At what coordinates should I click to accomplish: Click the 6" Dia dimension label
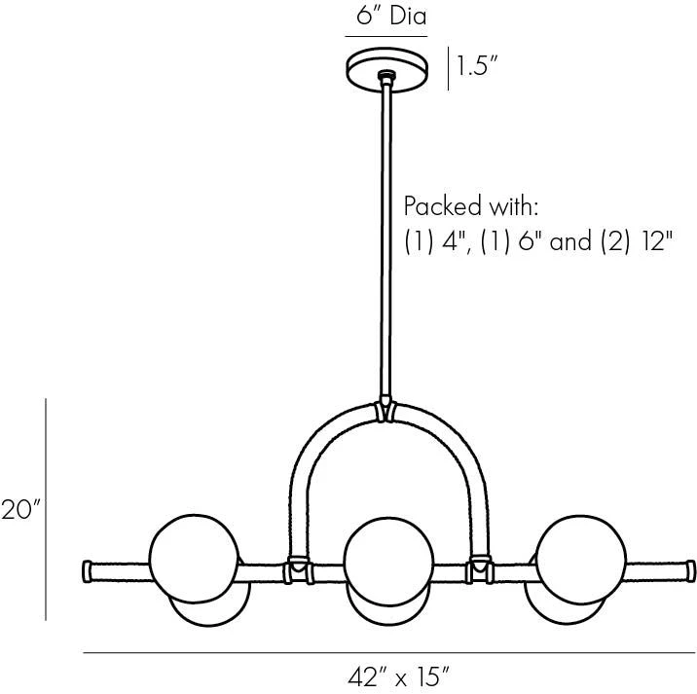tap(391, 16)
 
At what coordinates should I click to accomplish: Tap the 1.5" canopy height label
tap(476, 66)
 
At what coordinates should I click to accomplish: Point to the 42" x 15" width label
tap(399, 678)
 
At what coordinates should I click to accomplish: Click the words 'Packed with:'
tap(471, 206)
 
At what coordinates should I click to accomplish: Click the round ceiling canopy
tap(387, 70)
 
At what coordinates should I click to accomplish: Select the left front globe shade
tap(195, 559)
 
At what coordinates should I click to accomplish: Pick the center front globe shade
tap(388, 561)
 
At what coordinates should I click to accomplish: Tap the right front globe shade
tap(581, 560)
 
